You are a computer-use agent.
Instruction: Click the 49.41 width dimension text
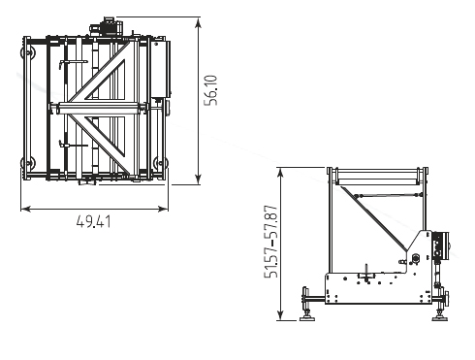[94, 222]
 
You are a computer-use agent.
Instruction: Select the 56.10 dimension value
[211, 90]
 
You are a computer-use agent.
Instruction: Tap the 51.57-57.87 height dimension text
[270, 242]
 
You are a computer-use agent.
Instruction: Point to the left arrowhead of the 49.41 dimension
[26, 209]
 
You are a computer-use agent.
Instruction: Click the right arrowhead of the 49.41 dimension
[163, 209]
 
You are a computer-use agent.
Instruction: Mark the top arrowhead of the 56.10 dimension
[198, 22]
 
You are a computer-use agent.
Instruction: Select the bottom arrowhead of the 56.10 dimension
[198, 180]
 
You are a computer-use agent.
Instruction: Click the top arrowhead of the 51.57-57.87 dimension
[280, 173]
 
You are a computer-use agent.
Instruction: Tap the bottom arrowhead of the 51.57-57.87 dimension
[280, 315]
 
